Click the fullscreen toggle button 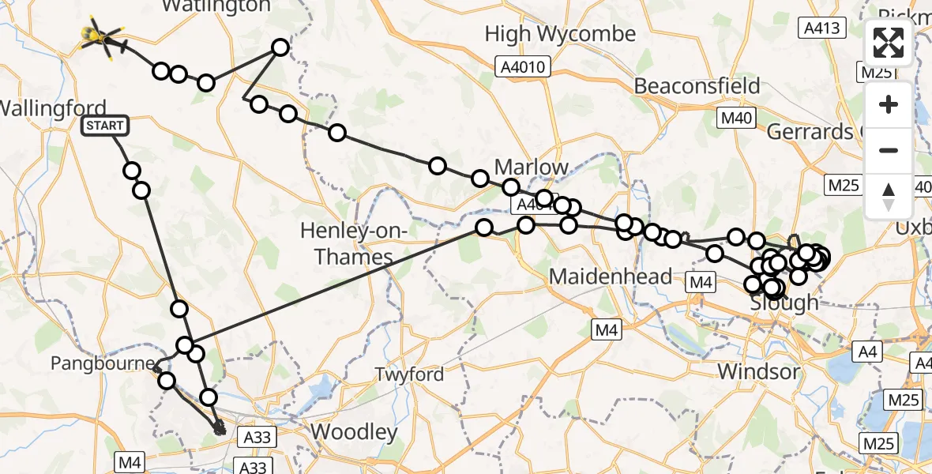pyautogui.click(x=889, y=43)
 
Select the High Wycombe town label pyautogui.click(x=560, y=34)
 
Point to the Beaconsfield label pyautogui.click(x=697, y=85)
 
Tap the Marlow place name pyautogui.click(x=531, y=167)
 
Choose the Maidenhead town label pyautogui.click(x=611, y=276)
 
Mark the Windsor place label pyautogui.click(x=758, y=371)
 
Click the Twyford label pyautogui.click(x=409, y=374)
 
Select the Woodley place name pyautogui.click(x=354, y=432)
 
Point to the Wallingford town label pyautogui.click(x=52, y=108)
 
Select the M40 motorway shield pyautogui.click(x=735, y=118)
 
